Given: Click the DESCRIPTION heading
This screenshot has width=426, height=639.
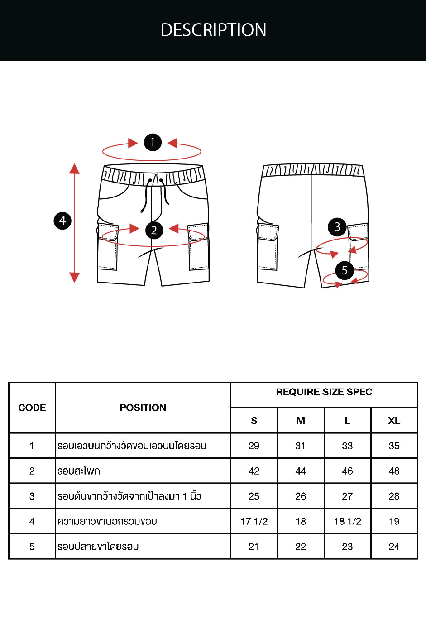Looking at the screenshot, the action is (x=213, y=30).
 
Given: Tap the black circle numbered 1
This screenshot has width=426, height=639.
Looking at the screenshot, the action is (x=153, y=142).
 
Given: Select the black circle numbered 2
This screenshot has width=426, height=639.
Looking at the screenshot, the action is (x=154, y=230).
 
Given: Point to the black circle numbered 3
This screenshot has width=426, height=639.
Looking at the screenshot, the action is (x=337, y=227).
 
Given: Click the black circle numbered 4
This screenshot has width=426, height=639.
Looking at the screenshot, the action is (x=63, y=221).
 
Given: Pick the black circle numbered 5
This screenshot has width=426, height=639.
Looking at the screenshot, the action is (x=345, y=270).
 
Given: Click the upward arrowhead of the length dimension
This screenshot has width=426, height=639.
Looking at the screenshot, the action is (x=74, y=168).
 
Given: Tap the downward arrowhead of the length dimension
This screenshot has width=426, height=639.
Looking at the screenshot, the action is (x=74, y=277).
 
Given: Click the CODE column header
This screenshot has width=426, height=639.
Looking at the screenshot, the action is (x=32, y=408).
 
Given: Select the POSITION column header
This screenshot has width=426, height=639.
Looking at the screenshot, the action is (x=143, y=408).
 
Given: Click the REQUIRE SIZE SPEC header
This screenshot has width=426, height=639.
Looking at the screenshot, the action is (x=324, y=392).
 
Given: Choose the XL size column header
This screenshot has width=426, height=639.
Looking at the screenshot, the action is (x=394, y=420).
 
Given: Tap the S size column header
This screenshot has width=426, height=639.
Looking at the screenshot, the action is (x=254, y=420).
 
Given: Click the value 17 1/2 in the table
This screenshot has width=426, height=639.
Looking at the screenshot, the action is (x=254, y=521).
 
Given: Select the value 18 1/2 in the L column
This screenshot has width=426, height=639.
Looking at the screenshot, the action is (x=347, y=521).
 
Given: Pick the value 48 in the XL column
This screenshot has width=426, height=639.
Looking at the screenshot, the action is (x=394, y=471).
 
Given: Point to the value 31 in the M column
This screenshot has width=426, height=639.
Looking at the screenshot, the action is (x=301, y=446).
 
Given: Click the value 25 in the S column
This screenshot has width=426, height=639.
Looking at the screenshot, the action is (x=254, y=496).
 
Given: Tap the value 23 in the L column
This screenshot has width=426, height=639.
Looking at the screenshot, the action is (x=347, y=547).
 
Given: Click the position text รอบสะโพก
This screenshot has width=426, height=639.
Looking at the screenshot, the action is (x=79, y=471).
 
